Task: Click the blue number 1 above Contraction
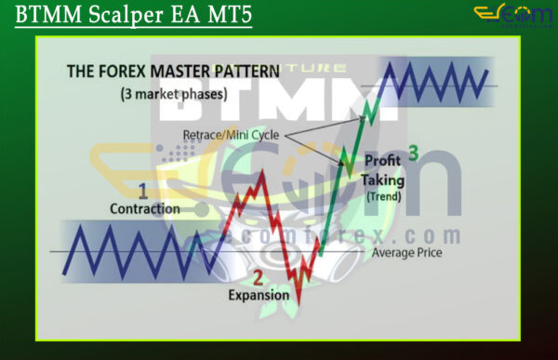pyautogui.click(x=142, y=191)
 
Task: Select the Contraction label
pyautogui.click(x=144, y=208)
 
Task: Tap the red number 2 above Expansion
pyautogui.click(x=259, y=277)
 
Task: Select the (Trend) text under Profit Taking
pyautogui.click(x=382, y=197)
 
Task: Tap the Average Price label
pyautogui.click(x=406, y=252)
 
